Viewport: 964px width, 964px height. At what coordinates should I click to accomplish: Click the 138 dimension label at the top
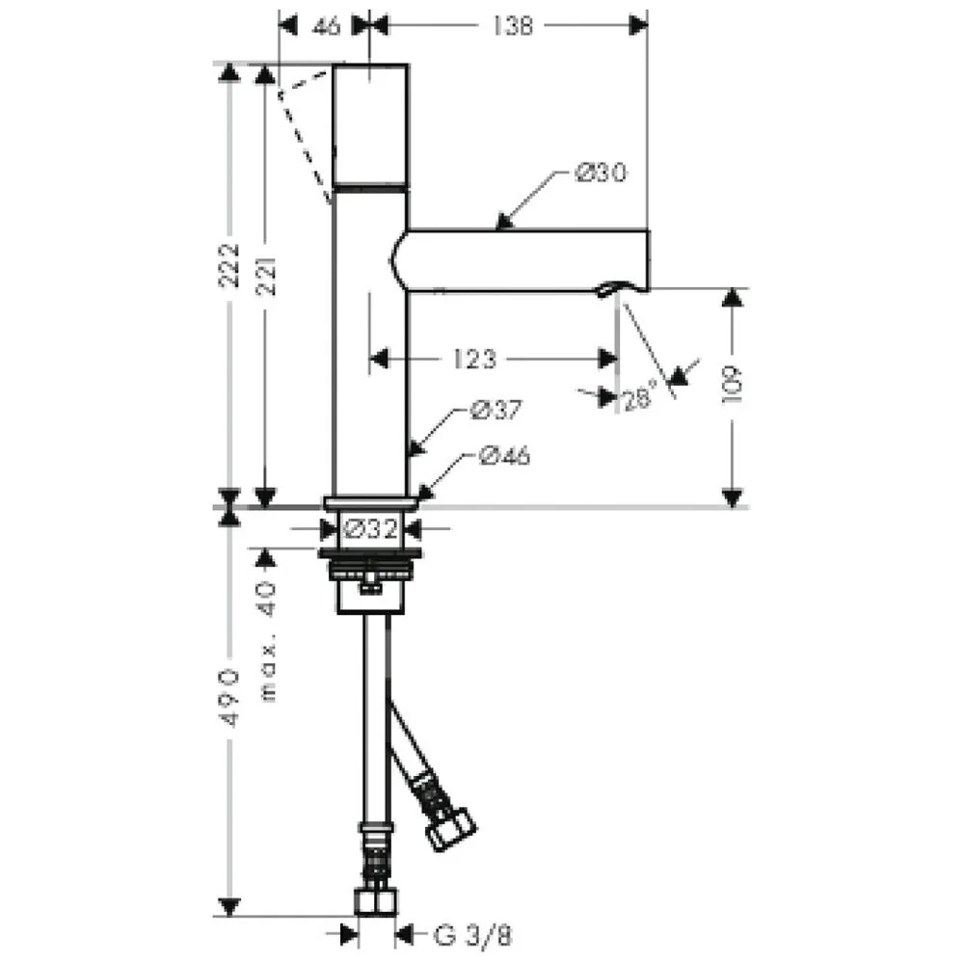pyautogui.click(x=512, y=26)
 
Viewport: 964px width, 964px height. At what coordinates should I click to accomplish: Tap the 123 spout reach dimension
pyautogui.click(x=474, y=359)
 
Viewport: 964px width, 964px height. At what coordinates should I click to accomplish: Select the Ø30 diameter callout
pyautogui.click(x=601, y=173)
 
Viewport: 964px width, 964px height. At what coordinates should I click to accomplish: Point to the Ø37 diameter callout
pyautogui.click(x=495, y=410)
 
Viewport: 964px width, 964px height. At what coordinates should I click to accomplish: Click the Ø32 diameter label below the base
pyautogui.click(x=371, y=528)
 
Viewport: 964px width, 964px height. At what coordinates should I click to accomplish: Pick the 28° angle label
pyautogui.click(x=640, y=399)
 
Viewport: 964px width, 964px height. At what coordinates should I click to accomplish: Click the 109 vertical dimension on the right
pyautogui.click(x=733, y=385)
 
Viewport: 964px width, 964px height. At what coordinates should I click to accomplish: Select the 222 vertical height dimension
pyautogui.click(x=229, y=265)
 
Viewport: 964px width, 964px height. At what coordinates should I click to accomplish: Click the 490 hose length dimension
pyautogui.click(x=229, y=698)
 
